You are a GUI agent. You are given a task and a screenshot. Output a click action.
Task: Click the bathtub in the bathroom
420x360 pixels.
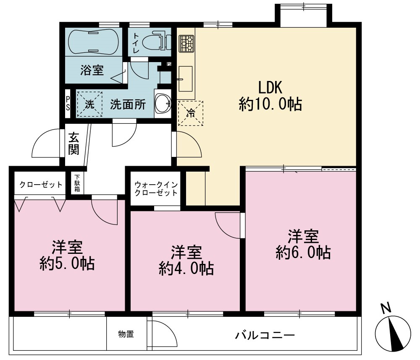click(x=93, y=42)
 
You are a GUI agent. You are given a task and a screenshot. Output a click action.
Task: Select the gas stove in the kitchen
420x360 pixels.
click(x=186, y=43)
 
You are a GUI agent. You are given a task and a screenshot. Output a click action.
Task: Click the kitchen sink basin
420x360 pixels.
click(x=185, y=79)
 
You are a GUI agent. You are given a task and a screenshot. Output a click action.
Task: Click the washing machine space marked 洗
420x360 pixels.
click(x=89, y=104)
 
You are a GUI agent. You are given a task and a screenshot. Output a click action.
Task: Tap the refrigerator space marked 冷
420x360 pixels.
click(x=190, y=113)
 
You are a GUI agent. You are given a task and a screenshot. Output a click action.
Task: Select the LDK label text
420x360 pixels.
click(x=270, y=88)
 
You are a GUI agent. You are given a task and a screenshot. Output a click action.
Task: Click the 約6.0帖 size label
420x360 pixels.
click(x=303, y=253)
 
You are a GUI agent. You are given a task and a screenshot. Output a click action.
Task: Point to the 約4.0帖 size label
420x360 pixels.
click(x=186, y=269)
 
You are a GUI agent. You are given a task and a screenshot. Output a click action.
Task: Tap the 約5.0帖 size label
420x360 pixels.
click(x=67, y=263)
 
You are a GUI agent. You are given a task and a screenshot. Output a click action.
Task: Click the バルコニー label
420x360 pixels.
click(x=265, y=335)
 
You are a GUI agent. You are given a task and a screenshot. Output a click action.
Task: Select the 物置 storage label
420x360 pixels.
click(x=126, y=334)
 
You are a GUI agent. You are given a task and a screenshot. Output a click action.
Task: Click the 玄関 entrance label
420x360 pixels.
click(x=73, y=144)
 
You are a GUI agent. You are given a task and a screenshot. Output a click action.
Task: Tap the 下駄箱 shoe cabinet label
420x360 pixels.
click(x=77, y=183)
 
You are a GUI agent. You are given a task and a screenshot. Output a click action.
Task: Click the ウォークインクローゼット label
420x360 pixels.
click(x=156, y=189)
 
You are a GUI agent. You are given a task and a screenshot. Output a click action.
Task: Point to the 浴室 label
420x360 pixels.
click(x=92, y=70)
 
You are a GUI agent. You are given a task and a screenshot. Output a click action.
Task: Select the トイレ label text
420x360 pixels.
click(x=136, y=42)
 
